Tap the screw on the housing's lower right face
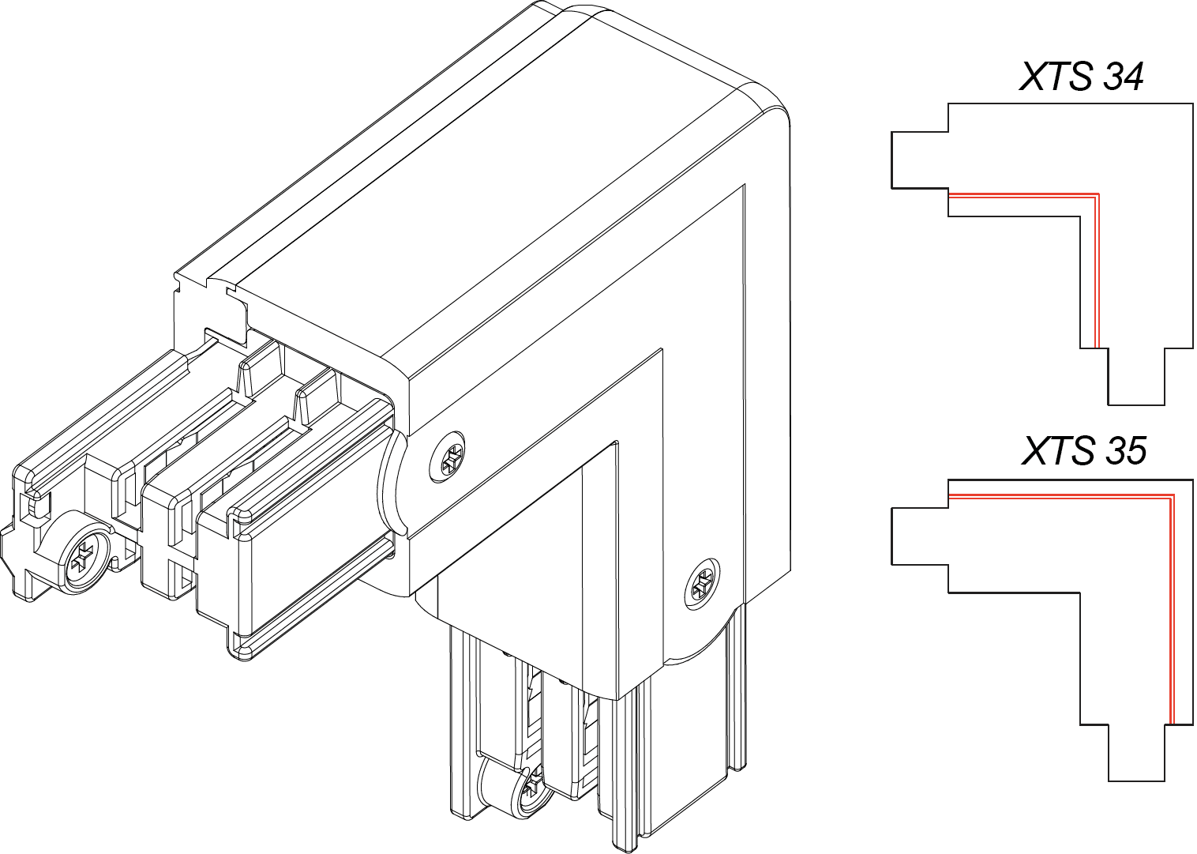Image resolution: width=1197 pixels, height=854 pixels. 702,584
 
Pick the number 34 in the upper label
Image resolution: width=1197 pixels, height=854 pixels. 1122,77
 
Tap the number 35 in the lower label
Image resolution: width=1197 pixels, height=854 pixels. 1124,452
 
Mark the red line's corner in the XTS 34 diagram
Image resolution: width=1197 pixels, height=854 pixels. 1098,194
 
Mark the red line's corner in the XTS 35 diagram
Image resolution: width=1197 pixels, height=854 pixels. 1173,496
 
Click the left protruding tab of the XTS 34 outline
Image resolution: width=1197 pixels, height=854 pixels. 920,160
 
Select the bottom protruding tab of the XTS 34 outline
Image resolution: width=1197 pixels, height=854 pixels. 1136,377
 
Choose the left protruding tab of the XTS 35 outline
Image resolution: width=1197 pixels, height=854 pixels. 920,536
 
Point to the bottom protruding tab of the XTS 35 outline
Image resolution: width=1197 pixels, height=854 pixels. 1136,753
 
